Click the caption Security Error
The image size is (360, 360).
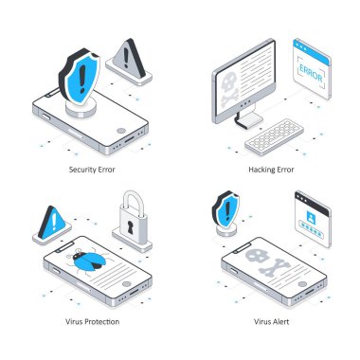tap(92, 170)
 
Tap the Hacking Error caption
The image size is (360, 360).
tap(271, 170)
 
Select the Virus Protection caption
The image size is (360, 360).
tap(93, 322)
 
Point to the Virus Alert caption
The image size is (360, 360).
tap(272, 322)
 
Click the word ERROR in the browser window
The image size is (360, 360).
tap(311, 73)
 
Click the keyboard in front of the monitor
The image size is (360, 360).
tap(274, 136)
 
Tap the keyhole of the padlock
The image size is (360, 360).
tap(131, 227)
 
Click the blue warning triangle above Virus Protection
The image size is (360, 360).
tap(53, 223)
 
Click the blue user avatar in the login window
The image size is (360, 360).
tap(311, 217)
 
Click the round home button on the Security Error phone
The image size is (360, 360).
tap(121, 131)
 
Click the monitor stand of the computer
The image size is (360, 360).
tap(249, 117)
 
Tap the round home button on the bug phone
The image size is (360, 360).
tap(127, 284)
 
